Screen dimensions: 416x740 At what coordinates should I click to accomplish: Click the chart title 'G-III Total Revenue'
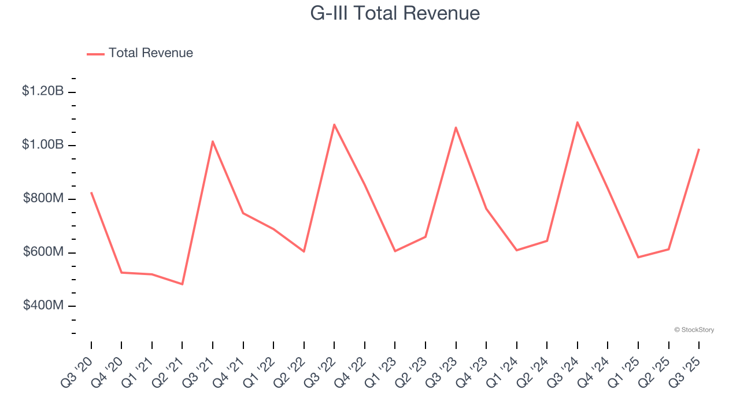tap(395, 13)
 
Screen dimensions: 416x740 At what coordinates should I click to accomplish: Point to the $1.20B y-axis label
tap(43, 91)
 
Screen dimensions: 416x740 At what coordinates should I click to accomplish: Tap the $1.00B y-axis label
tap(43, 144)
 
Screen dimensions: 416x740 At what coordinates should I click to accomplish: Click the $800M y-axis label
tap(43, 198)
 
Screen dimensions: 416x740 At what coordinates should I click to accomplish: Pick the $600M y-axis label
tap(43, 252)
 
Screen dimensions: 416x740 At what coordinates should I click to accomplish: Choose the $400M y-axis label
tap(43, 305)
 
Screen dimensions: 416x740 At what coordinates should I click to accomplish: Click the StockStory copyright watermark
tap(694, 330)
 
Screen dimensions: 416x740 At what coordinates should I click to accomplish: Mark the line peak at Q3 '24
tap(578, 122)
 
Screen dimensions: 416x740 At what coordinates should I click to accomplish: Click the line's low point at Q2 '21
tap(182, 284)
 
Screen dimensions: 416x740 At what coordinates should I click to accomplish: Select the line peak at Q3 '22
tap(334, 124)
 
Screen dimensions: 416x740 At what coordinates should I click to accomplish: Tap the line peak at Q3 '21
tap(213, 141)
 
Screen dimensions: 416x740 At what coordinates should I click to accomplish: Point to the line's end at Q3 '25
tap(699, 149)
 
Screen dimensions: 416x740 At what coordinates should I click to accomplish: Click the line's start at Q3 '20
tap(91, 192)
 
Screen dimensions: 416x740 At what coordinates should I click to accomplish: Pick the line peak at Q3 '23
tap(456, 127)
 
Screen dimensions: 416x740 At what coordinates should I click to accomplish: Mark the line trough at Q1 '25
tap(638, 257)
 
